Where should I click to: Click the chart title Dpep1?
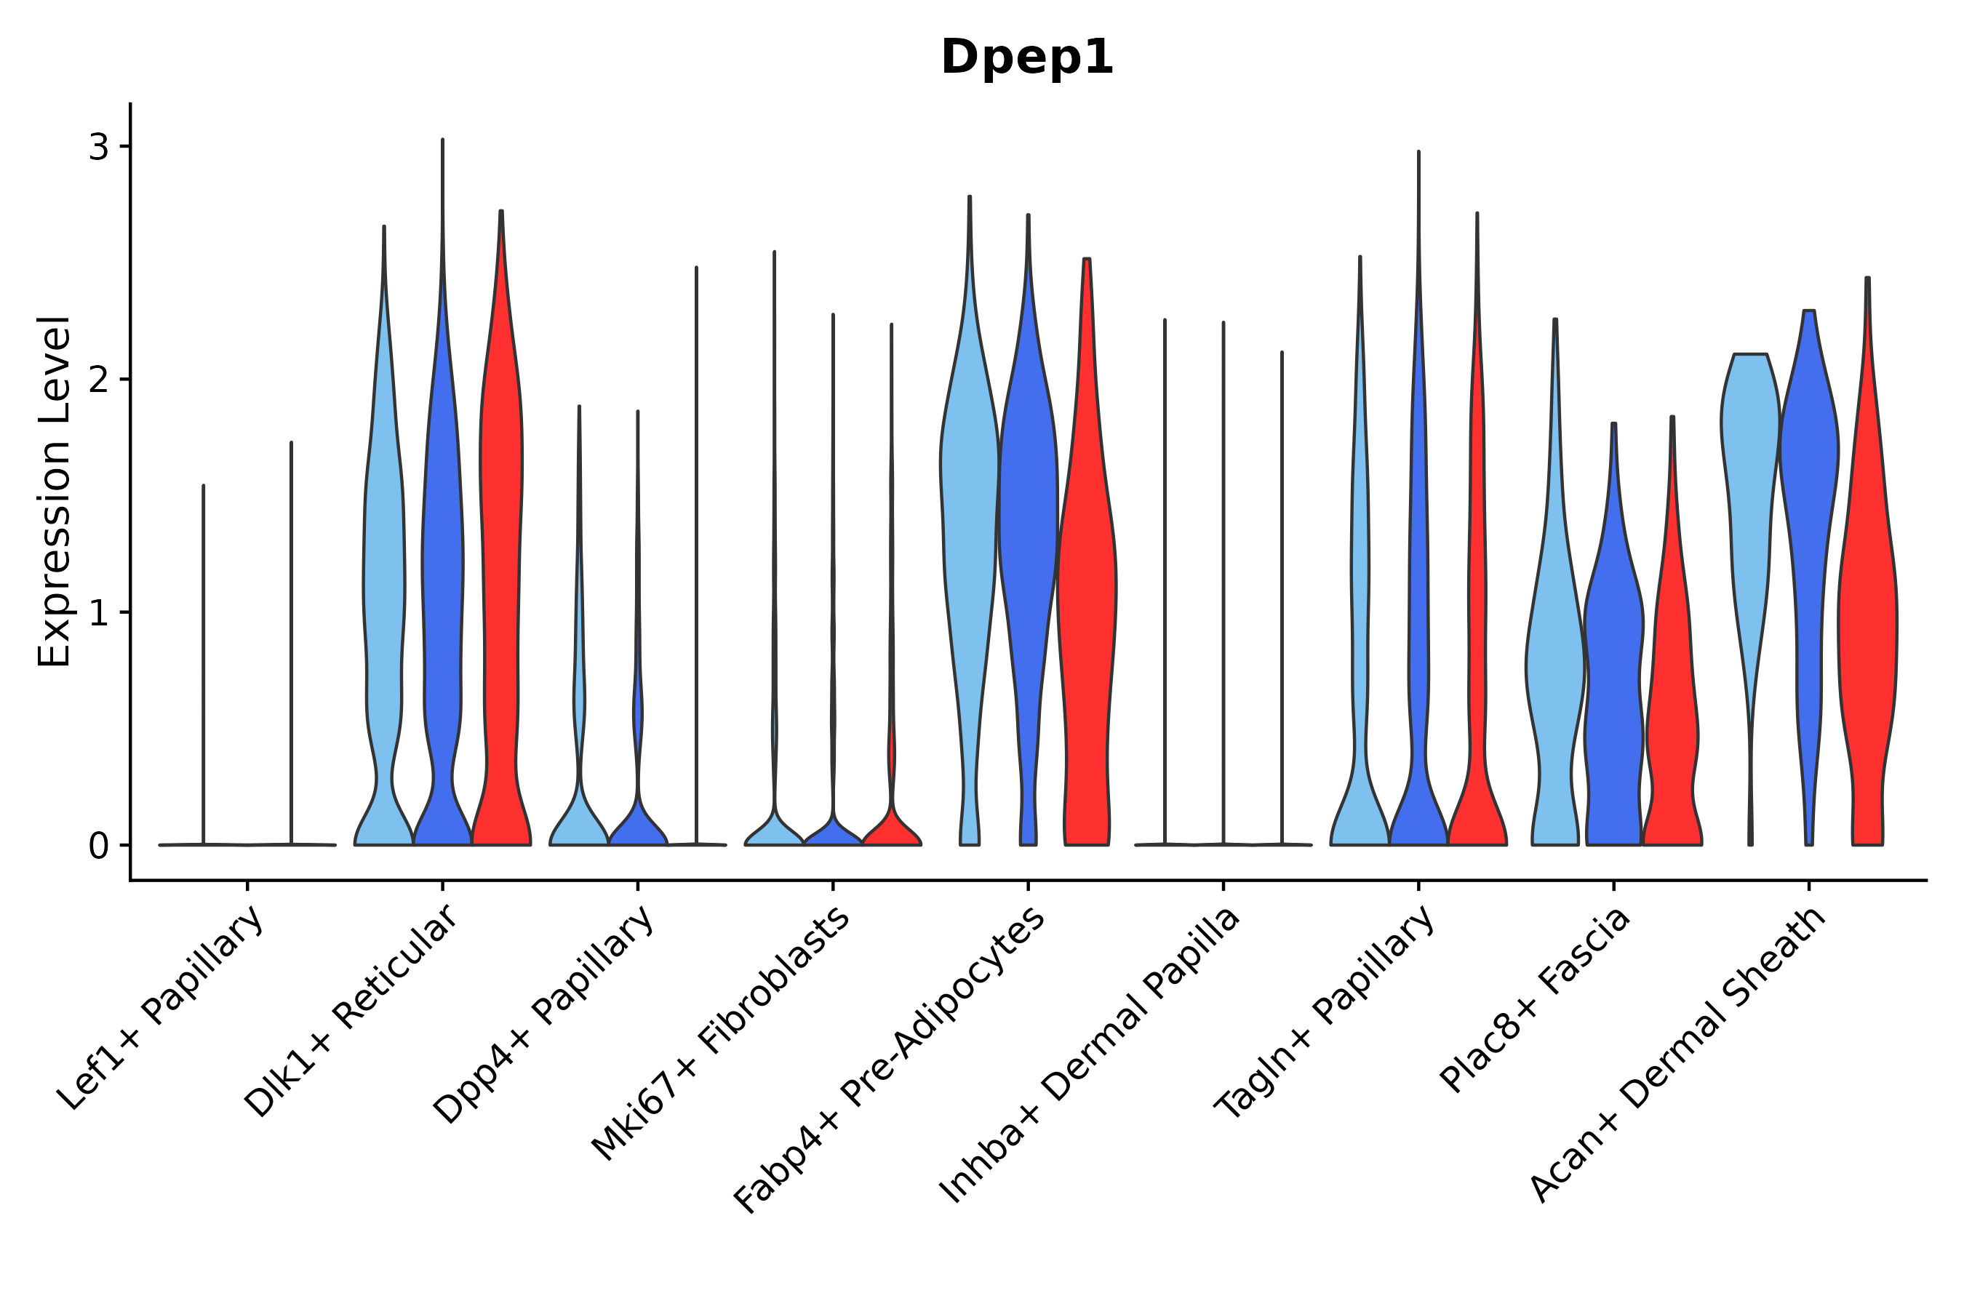pos(1027,57)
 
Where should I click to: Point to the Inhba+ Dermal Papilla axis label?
pos(1090,1055)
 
